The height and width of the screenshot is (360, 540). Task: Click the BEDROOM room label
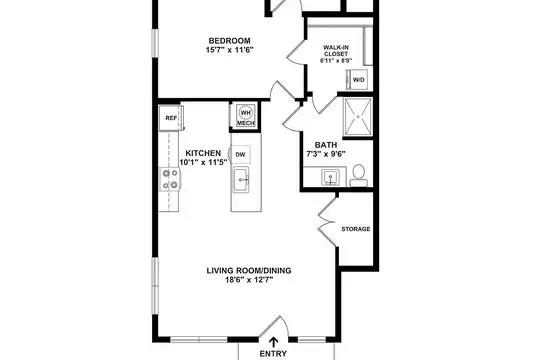click(229, 41)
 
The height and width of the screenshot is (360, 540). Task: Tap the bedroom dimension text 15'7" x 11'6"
click(229, 50)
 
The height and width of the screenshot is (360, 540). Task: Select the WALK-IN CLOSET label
click(335, 51)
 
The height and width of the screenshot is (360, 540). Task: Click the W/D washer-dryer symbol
click(357, 80)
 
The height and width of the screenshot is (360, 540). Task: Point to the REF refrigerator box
click(171, 118)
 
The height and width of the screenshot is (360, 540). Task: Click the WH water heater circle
click(246, 113)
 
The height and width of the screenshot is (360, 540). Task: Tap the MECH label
click(246, 123)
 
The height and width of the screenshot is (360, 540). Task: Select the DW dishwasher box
click(240, 154)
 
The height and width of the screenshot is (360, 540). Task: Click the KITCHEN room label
click(203, 153)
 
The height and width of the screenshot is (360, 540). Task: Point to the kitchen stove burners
click(170, 179)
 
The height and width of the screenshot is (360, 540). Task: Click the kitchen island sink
click(241, 179)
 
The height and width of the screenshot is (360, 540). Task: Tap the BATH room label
click(326, 145)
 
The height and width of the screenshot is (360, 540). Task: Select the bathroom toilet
click(359, 175)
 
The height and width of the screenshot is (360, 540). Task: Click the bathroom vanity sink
click(330, 177)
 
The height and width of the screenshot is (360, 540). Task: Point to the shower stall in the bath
click(358, 117)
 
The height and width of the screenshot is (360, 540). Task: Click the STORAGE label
click(356, 229)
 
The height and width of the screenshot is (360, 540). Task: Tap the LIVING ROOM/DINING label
click(249, 271)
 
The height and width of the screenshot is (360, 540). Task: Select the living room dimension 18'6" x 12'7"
click(249, 280)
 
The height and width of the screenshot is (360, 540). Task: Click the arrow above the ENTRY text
click(273, 342)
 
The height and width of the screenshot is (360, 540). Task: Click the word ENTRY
click(273, 354)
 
